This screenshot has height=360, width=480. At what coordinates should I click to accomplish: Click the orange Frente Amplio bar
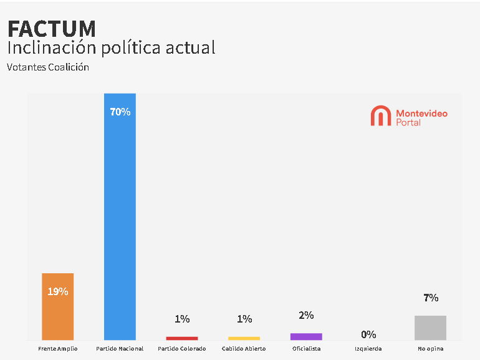coord(57,312)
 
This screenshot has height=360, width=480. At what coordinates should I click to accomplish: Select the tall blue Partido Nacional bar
coord(120,218)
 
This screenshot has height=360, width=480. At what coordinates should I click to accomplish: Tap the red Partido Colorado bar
coord(182,338)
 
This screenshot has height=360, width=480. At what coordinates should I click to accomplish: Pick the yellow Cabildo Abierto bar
coord(244,338)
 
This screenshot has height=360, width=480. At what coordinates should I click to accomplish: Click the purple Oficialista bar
coord(306,336)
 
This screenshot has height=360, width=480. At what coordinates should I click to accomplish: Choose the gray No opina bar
coord(430,328)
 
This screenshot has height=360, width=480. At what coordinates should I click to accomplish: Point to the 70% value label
coord(120,112)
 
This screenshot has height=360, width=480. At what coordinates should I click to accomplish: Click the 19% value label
coord(57,291)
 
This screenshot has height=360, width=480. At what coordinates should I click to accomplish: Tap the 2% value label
coord(306,316)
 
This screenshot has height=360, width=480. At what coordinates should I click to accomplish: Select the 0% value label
coord(368,334)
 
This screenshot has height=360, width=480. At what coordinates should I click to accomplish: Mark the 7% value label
coord(431,298)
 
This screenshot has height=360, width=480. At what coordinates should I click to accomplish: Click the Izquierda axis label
coord(368,349)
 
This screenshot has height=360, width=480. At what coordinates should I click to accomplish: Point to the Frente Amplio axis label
coord(57,349)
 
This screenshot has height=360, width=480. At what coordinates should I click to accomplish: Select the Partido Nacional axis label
coord(120,349)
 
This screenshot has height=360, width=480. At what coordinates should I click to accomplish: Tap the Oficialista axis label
coord(306,349)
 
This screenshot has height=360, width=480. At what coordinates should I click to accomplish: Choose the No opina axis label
coord(430,349)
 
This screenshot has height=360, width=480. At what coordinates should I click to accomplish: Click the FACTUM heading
coord(52,29)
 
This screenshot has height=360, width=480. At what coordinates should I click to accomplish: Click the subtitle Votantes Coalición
coord(48,67)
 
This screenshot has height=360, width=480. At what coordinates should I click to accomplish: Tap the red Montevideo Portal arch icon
coord(380,116)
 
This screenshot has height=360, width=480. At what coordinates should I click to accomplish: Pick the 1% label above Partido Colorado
coord(182,319)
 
